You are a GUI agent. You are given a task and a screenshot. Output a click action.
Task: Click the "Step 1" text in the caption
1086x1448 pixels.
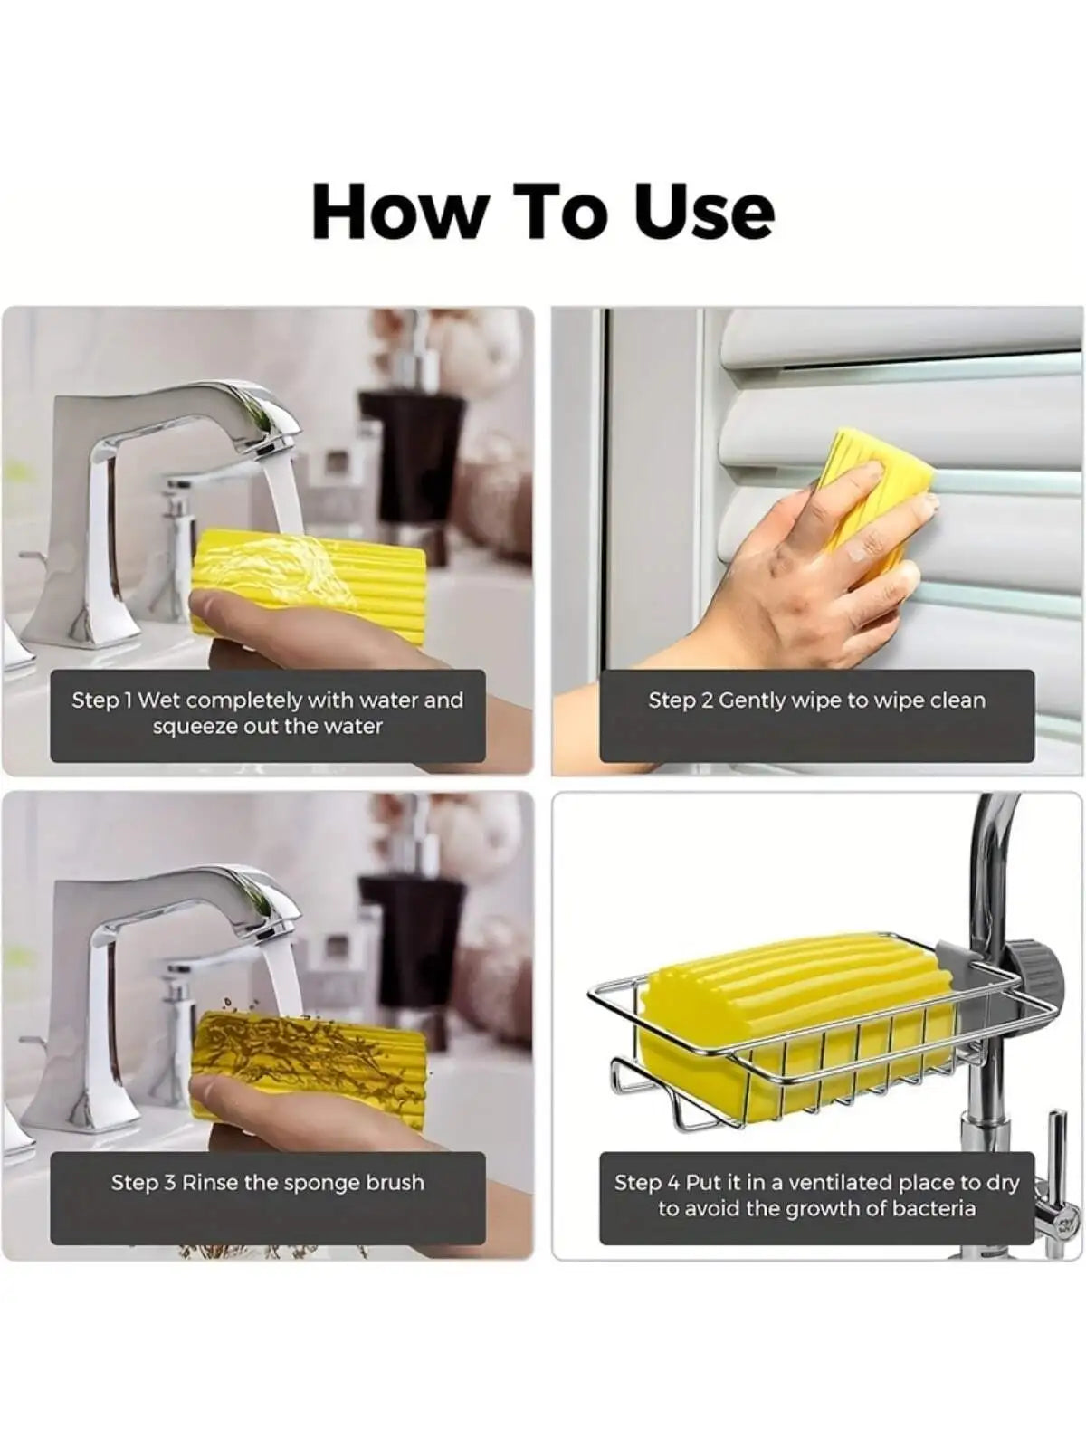click(102, 700)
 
